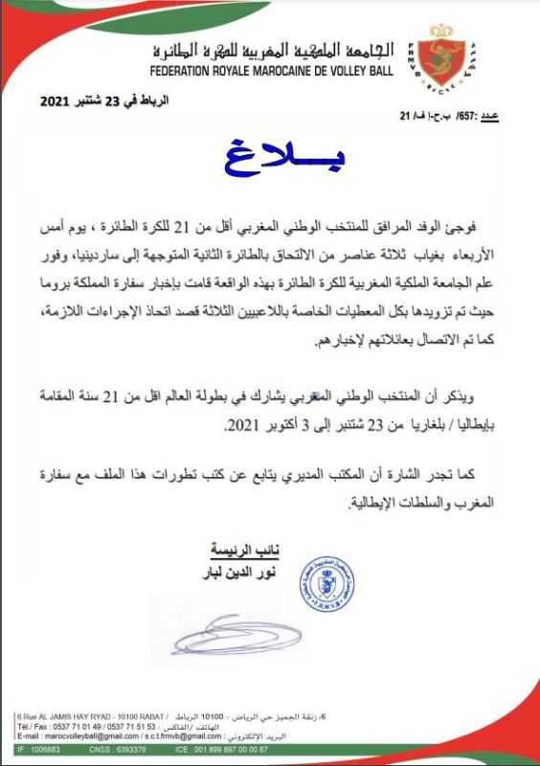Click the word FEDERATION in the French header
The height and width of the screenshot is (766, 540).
point(194,71)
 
